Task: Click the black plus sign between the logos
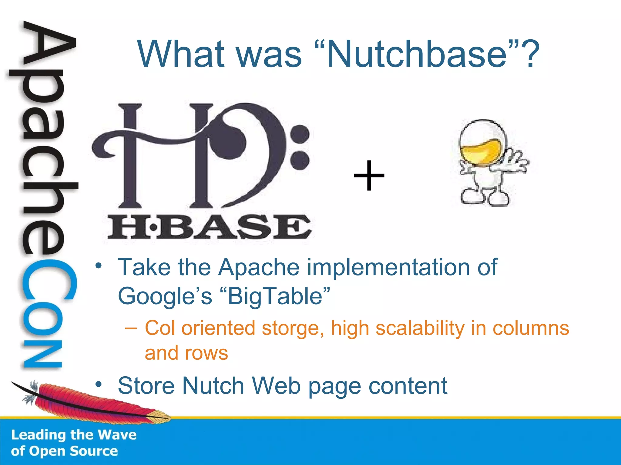pyautogui.click(x=369, y=176)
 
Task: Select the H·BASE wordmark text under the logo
pyautogui.click(x=209, y=227)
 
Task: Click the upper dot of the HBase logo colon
pyautogui.click(x=300, y=134)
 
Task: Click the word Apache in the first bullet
pyautogui.click(x=259, y=268)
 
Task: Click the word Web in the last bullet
pyautogui.click(x=276, y=386)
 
